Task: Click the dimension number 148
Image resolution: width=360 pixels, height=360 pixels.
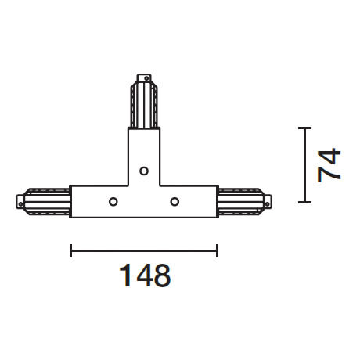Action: [144, 275]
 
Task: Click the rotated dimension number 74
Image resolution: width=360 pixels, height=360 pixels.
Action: [330, 164]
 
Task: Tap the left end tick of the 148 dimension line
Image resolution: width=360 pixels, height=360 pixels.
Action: [71, 250]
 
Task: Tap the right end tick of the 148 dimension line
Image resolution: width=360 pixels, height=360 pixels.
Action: [218, 250]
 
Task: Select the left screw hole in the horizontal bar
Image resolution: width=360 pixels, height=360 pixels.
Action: [113, 201]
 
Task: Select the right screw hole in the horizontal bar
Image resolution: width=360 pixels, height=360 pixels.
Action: [175, 201]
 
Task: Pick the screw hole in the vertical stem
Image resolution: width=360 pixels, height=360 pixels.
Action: [144, 171]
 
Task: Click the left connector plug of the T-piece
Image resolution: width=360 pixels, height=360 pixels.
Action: [43, 201]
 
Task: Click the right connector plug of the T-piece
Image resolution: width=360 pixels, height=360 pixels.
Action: [244, 201]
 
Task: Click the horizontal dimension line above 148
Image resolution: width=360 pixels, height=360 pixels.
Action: [144, 250]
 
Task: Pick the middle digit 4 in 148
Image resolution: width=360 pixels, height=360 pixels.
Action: [143, 275]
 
